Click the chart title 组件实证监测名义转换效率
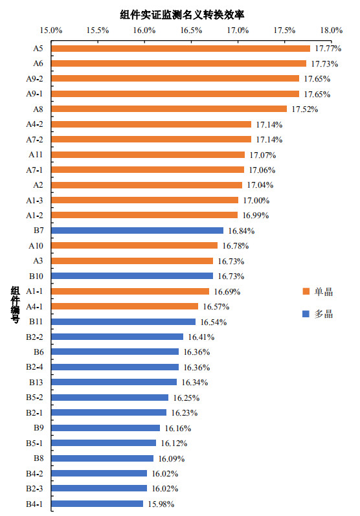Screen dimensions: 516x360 [x=186, y=14]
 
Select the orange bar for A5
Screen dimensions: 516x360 [x=180, y=49]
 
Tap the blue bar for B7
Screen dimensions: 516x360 [x=137, y=230]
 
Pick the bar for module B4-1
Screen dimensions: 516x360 [x=96, y=504]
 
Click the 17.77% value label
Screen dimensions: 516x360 [x=328, y=49]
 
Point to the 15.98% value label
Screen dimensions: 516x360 [x=161, y=504]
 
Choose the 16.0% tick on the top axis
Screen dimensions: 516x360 [x=144, y=30]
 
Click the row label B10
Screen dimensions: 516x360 [x=35, y=276]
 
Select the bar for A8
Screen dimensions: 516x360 [x=168, y=109]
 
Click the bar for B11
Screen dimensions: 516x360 [x=123, y=322]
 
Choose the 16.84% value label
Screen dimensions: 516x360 [x=241, y=230]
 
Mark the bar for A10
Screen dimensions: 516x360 [x=134, y=245]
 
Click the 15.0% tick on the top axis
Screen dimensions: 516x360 [x=51, y=30]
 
